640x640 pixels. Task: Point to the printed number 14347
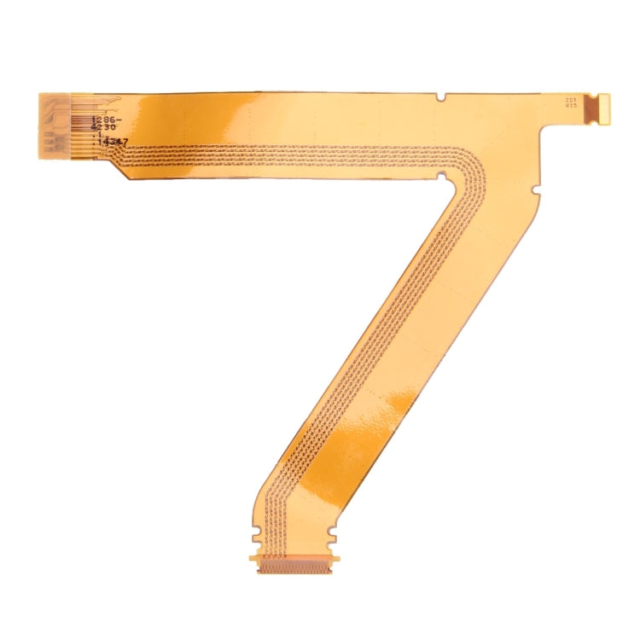click(x=114, y=142)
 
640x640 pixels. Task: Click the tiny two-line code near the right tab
click(x=570, y=102)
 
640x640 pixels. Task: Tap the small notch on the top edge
click(x=439, y=96)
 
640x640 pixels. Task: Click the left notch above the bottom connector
click(x=257, y=538)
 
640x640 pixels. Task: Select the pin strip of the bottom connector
click(x=294, y=566)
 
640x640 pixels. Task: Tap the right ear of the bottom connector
click(x=335, y=560)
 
